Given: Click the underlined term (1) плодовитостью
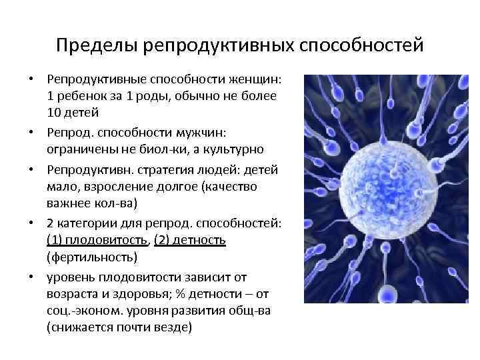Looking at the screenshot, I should point(96,239).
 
